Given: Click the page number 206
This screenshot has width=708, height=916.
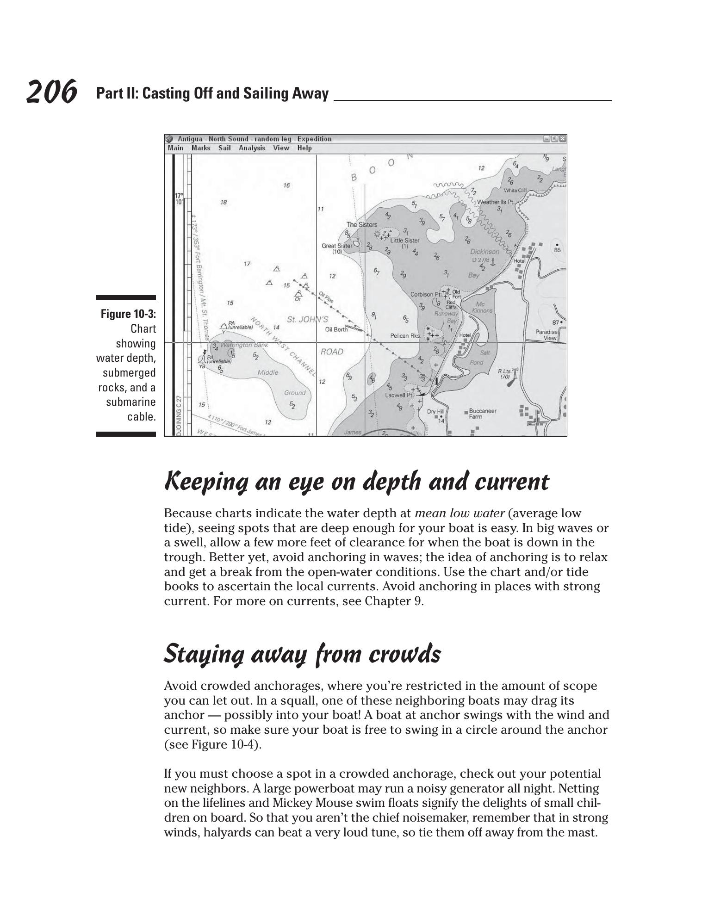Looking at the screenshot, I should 51,92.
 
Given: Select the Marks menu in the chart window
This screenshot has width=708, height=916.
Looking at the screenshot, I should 201,148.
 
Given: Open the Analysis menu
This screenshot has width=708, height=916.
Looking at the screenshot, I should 252,148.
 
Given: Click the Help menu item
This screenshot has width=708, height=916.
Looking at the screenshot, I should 304,148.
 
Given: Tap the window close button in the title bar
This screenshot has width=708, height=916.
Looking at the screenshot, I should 562,139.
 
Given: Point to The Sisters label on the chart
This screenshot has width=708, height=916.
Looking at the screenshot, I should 362,224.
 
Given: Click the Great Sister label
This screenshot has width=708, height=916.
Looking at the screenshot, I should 336,246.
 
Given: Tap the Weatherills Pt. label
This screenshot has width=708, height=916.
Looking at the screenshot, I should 495,202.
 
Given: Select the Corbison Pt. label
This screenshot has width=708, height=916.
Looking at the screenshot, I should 425,294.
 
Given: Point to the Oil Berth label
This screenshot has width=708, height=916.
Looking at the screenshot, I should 336,329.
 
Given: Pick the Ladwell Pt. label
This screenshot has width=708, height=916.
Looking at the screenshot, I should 398,395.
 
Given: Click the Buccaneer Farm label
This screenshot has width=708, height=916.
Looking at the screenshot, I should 482,414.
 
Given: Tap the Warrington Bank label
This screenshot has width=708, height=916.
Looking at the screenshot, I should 244,345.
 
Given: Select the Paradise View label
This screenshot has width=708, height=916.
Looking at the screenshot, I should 547,335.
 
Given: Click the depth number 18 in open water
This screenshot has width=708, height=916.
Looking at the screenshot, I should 224,202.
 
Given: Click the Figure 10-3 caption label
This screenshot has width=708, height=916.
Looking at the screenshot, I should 128,314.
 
